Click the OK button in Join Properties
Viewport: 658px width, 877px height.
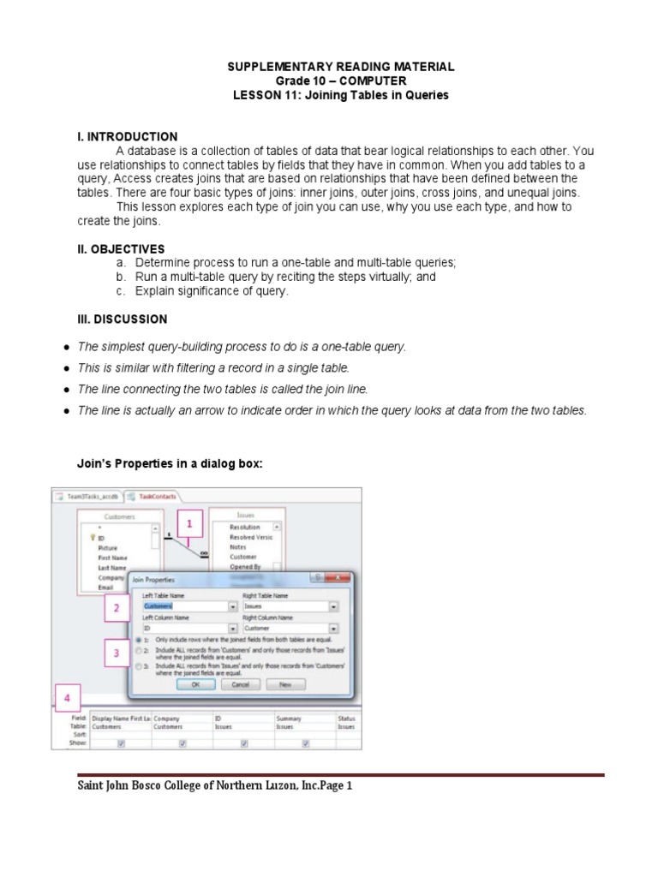(x=195, y=684)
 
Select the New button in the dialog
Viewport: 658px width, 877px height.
(x=285, y=684)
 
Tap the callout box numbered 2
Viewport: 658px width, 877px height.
(x=117, y=609)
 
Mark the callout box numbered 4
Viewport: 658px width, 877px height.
(x=68, y=698)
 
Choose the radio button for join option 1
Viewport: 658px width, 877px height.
(x=139, y=640)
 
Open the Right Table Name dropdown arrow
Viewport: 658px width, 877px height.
(x=333, y=606)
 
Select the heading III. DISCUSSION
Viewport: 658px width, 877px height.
(x=123, y=319)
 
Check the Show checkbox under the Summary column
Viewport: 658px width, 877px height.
(x=306, y=743)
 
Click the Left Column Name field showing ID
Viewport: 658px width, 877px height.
(x=180, y=628)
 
